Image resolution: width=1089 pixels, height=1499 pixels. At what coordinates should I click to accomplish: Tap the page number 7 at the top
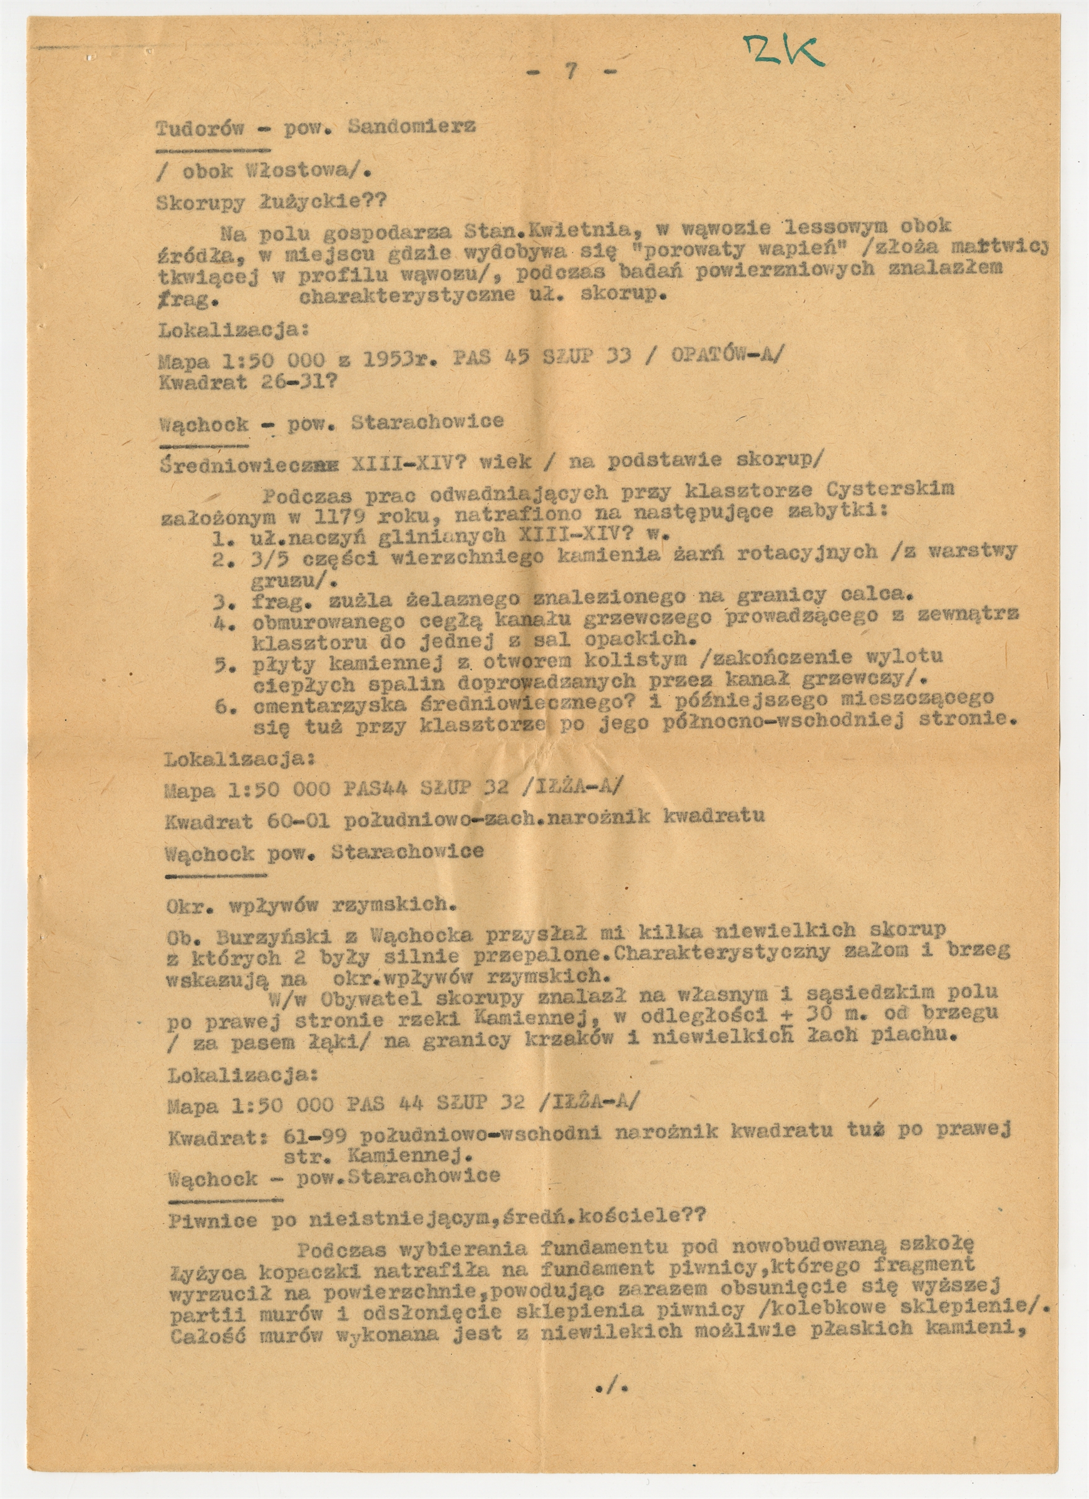569,72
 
